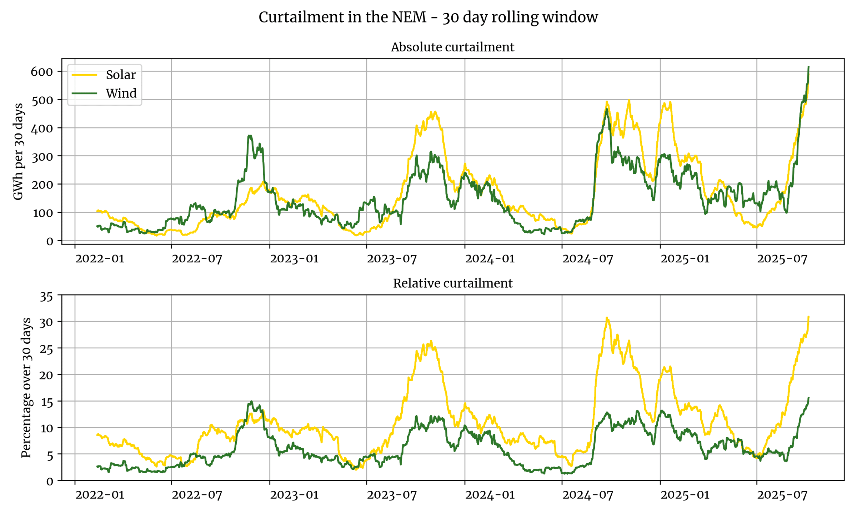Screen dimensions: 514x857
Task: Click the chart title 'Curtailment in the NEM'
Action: (x=428, y=17)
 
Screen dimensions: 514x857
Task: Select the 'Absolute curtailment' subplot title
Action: (x=452, y=47)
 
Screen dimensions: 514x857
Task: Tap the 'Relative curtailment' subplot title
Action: (x=452, y=283)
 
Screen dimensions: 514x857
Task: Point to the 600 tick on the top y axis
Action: (x=42, y=72)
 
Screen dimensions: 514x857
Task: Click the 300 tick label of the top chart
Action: (x=42, y=157)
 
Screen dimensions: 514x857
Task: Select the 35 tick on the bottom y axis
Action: (x=46, y=297)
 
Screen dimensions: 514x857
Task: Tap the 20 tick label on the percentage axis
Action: (x=46, y=375)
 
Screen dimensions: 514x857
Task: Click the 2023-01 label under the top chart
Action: (x=294, y=259)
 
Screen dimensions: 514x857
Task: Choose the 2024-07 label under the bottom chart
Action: (x=587, y=495)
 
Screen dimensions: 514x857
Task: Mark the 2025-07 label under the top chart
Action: (x=782, y=259)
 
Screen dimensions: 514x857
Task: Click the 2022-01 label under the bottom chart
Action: (x=100, y=495)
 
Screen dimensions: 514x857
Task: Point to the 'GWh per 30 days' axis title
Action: (x=18, y=152)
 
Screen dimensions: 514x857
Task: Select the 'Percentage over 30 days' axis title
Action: (x=26, y=388)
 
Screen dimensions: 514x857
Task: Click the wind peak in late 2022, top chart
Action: (x=250, y=136)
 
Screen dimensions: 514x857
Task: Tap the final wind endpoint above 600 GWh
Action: (x=808, y=67)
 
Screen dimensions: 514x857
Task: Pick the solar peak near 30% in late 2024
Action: (x=607, y=318)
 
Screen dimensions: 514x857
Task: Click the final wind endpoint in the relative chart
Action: (x=808, y=398)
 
